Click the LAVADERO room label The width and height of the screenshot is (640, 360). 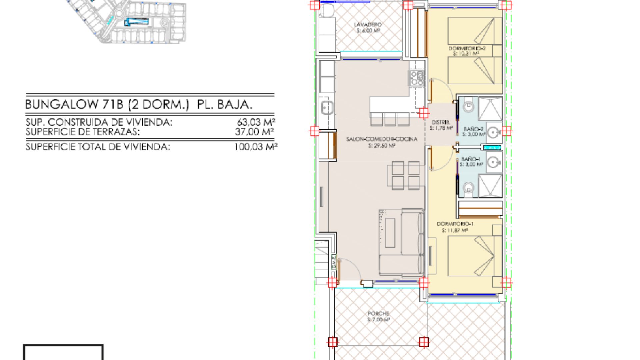pyautogui.click(x=368, y=25)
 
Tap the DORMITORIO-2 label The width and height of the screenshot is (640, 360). pyautogui.click(x=467, y=49)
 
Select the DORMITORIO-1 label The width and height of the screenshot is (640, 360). pyautogui.click(x=455, y=224)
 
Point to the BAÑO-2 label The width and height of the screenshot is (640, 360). pyautogui.click(x=473, y=129)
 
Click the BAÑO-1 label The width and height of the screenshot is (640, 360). pyautogui.click(x=471, y=159)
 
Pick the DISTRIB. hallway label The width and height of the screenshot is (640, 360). pyautogui.click(x=441, y=122)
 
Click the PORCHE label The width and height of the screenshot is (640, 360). pyautogui.click(x=378, y=314)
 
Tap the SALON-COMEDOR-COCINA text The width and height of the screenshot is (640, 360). pyautogui.click(x=382, y=139)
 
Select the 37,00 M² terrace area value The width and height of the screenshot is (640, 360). pyautogui.click(x=254, y=132)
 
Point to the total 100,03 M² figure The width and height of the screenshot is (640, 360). pyautogui.click(x=256, y=147)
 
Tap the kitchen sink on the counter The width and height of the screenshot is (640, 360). pyautogui.click(x=327, y=107)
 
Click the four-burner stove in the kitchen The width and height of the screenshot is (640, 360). pyautogui.click(x=417, y=78)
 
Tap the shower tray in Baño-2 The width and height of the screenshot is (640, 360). pyautogui.click(x=490, y=108)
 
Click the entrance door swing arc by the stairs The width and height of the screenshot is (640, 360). pyautogui.click(x=350, y=268)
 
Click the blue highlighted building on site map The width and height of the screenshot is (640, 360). pyautogui.click(x=137, y=22)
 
